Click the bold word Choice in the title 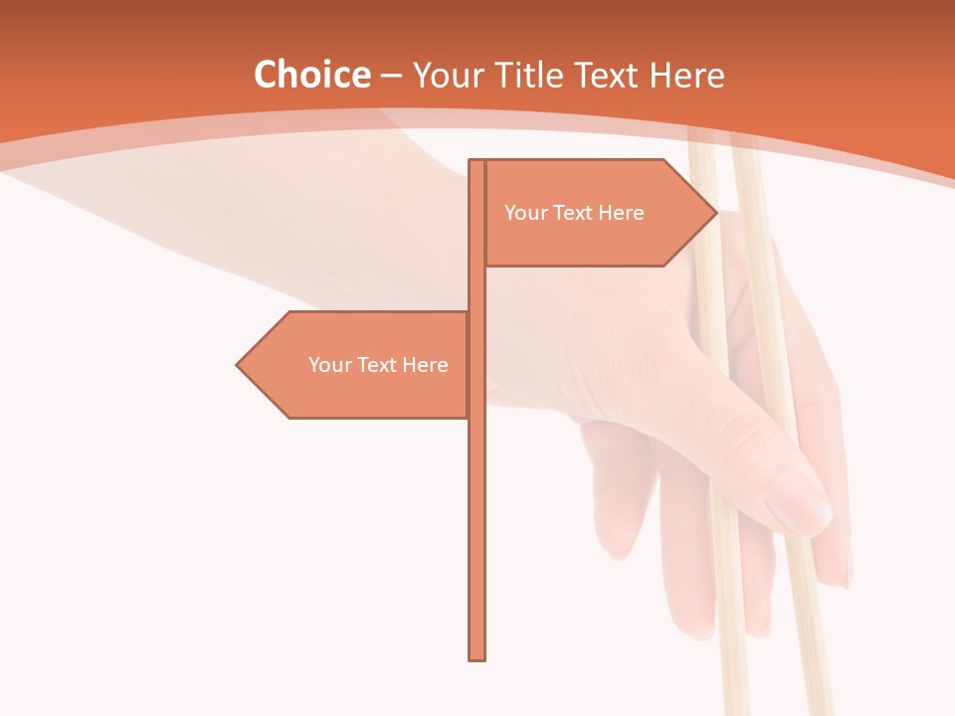[311, 76]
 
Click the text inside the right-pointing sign [574, 213]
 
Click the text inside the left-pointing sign [378, 365]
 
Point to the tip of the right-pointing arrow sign [715, 212]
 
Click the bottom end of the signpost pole [477, 657]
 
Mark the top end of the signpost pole [477, 162]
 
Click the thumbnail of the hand [799, 502]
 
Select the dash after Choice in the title [391, 76]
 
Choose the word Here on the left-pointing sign [426, 365]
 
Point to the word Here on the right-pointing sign [622, 213]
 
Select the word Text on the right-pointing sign [574, 213]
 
